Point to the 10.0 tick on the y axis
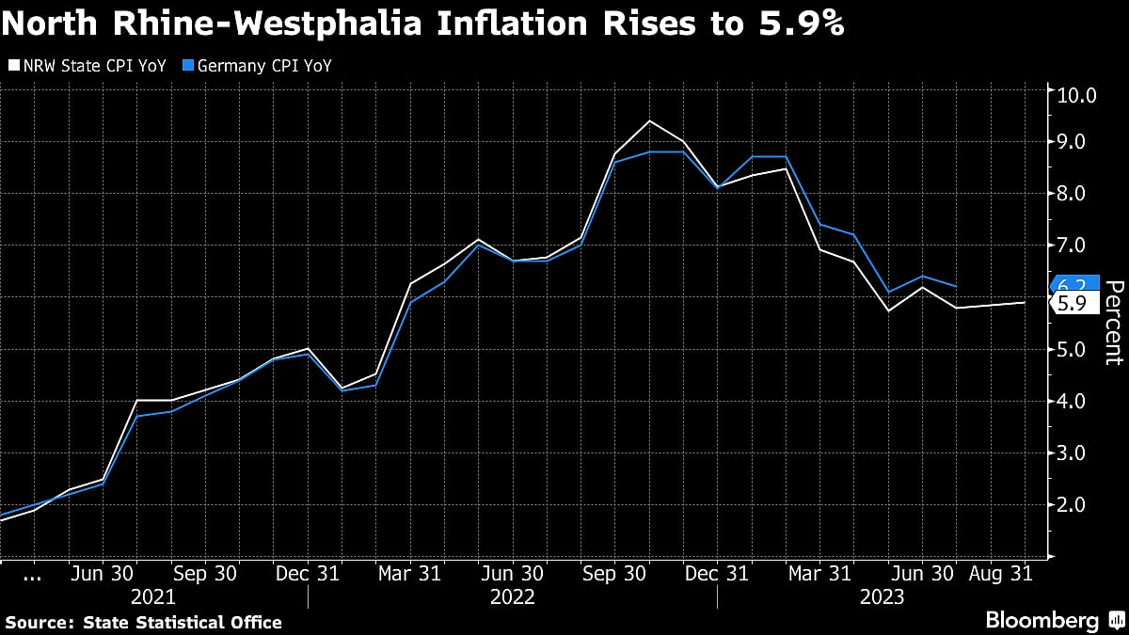pyautogui.click(x=1078, y=95)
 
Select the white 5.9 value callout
pyautogui.click(x=1073, y=303)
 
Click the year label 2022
pyautogui.click(x=512, y=596)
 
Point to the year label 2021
pyautogui.click(x=153, y=596)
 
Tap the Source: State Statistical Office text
pyautogui.click(x=143, y=622)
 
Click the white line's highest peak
pyautogui.click(x=649, y=120)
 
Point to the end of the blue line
pyautogui.click(x=957, y=286)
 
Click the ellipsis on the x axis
pyautogui.click(x=31, y=574)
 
